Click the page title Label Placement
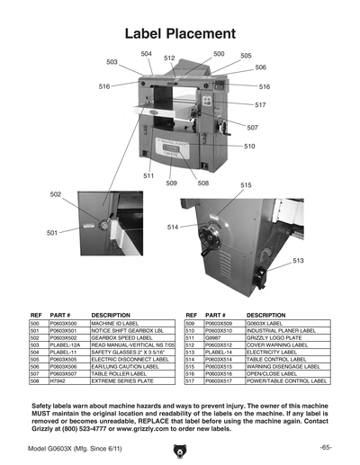coord(180,34)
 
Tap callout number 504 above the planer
coord(147,54)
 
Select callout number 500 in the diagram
coord(219,54)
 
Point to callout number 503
coord(112,62)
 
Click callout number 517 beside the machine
coord(260,105)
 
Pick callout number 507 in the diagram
coord(253,128)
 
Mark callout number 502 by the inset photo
coord(56,194)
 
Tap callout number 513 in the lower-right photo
coord(298,261)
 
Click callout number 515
coord(246,185)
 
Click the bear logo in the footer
coord(179,448)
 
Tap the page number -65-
coord(325,447)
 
